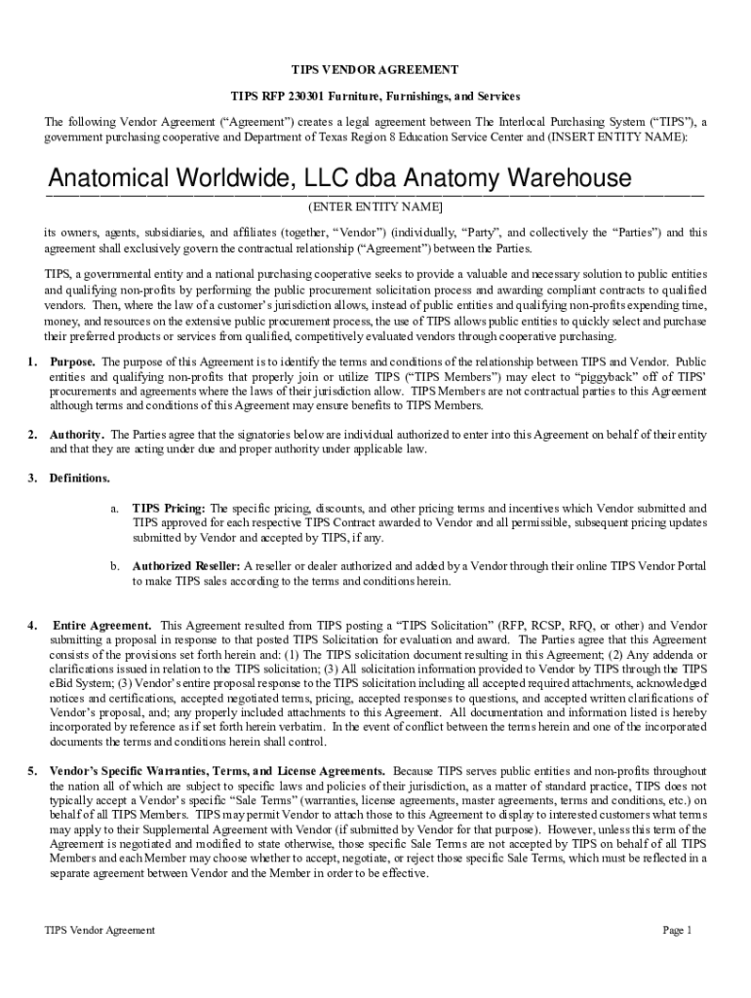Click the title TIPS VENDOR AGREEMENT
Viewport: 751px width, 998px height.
point(375,70)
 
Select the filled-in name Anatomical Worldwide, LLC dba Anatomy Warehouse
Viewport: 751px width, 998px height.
point(340,180)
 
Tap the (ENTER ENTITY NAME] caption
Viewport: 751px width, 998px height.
point(375,208)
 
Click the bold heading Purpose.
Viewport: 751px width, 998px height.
point(73,362)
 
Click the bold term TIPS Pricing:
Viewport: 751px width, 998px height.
point(169,508)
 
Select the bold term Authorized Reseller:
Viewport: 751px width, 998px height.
point(186,565)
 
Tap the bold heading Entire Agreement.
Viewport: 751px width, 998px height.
point(101,625)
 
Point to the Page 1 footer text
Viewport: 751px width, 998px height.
point(677,930)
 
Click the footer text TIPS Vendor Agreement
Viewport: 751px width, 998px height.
point(99,930)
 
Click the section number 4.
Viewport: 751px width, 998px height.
point(32,625)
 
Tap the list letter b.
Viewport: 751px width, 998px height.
point(114,565)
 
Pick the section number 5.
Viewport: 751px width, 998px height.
point(32,772)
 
